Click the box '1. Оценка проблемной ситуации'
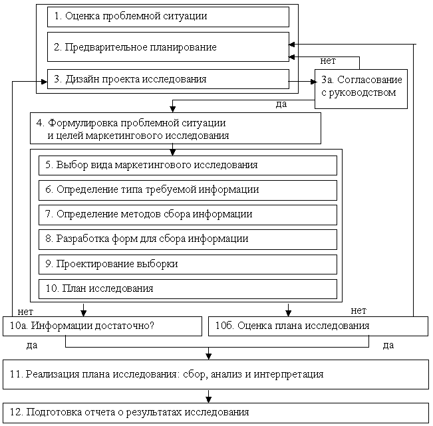click(x=168, y=17)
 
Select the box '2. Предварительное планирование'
click(x=168, y=47)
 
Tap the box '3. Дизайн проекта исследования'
click(x=168, y=79)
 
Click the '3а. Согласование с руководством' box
click(x=359, y=88)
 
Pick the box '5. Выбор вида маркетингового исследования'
click(x=188, y=165)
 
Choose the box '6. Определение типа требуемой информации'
click(x=188, y=189)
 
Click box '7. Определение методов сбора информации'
click(x=188, y=214)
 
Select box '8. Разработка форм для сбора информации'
click(x=188, y=239)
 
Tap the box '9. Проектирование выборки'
click(x=188, y=264)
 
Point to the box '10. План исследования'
click(x=188, y=288)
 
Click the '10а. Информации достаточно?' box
click(x=102, y=326)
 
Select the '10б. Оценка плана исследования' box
click(x=318, y=326)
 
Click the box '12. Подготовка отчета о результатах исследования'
click(x=216, y=412)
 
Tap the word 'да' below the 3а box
click(x=281, y=104)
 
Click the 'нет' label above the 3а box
click(x=328, y=61)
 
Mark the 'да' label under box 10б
click(x=389, y=345)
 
